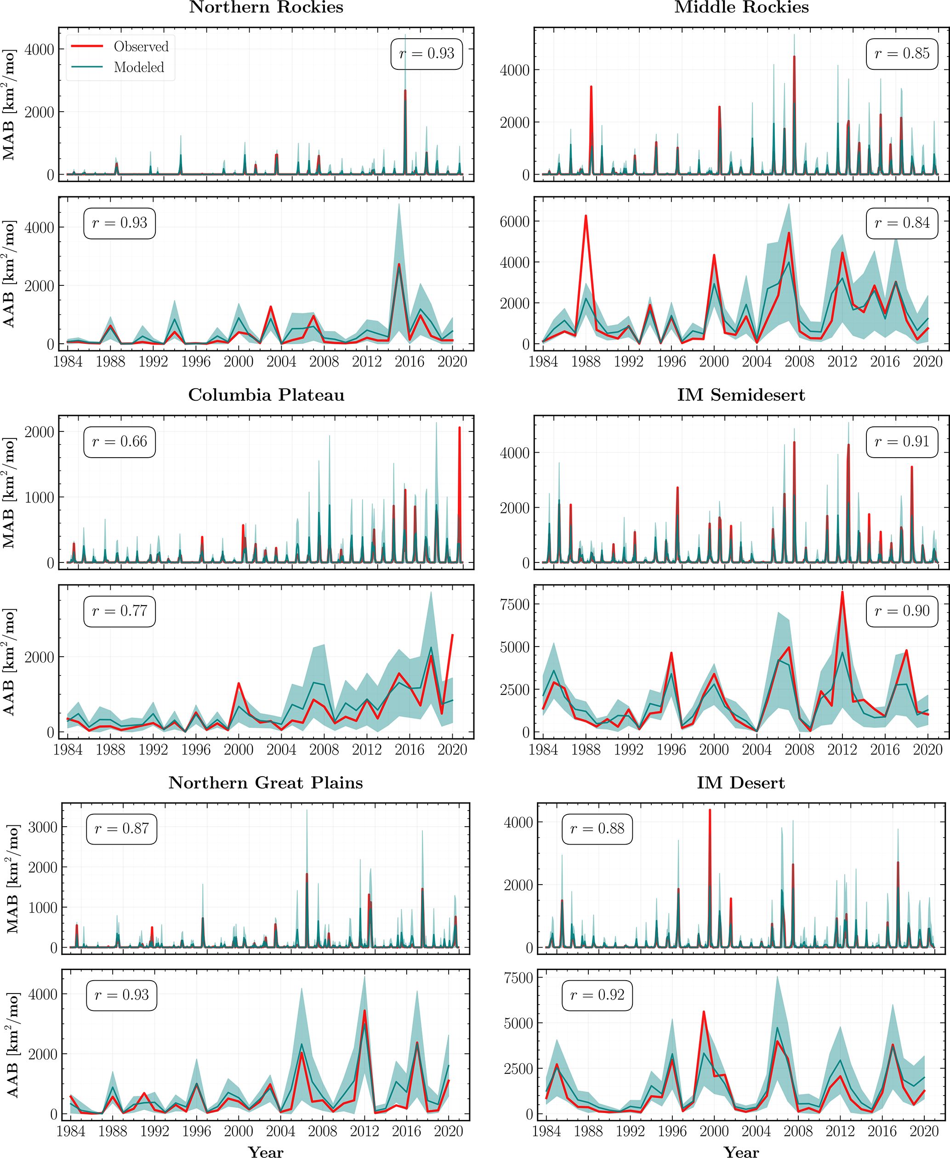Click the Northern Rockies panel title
[266, 8]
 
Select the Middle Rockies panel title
[741, 8]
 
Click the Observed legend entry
[141, 46]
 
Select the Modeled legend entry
[138, 67]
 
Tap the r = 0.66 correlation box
[119, 442]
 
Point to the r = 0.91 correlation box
[902, 442]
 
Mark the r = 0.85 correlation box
[902, 54]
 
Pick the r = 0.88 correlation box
[597, 829]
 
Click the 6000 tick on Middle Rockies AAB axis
[514, 221]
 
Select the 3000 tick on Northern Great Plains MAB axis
[43, 827]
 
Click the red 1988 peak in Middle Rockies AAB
[586, 216]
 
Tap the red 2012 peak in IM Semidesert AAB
[842, 592]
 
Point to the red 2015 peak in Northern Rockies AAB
[399, 264]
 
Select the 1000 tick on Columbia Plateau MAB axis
[40, 497]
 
